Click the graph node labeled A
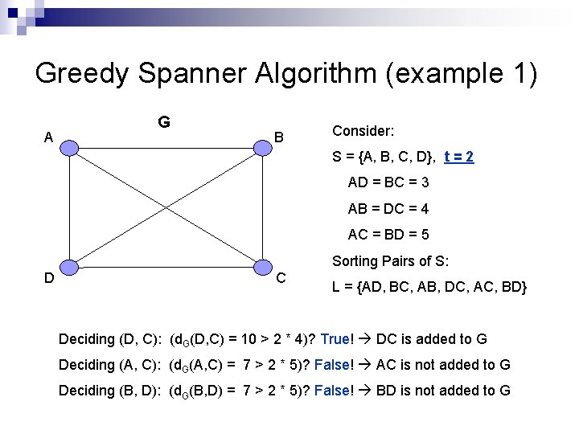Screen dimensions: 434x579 tap(71, 147)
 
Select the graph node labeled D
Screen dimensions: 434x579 tap(71, 268)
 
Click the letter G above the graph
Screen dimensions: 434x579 tap(163, 122)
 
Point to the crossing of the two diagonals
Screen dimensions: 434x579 tap(166, 207)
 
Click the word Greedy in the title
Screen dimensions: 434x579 tap(81, 74)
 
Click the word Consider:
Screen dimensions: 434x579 tap(363, 130)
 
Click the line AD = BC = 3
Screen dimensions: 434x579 tap(388, 182)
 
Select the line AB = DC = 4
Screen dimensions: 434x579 tap(388, 209)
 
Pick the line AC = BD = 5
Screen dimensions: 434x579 tap(388, 235)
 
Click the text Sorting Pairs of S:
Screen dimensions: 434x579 tap(390, 261)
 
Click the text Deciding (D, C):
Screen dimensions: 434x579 tap(110, 339)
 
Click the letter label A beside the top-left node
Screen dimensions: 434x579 tap(49, 137)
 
